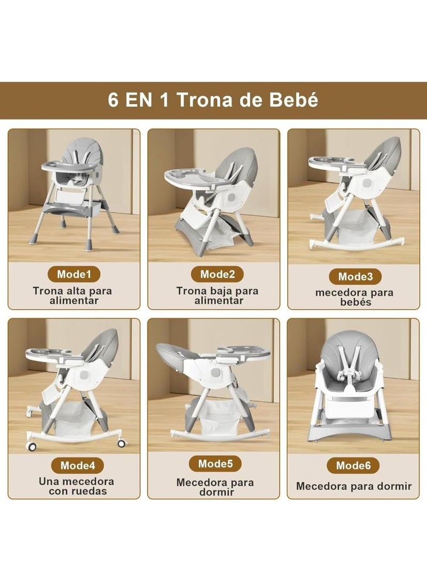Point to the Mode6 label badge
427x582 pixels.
coord(353,465)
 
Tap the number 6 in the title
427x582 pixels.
coord(113,100)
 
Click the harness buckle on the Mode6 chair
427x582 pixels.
coord(353,377)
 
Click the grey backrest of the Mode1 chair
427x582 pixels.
coord(80,155)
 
